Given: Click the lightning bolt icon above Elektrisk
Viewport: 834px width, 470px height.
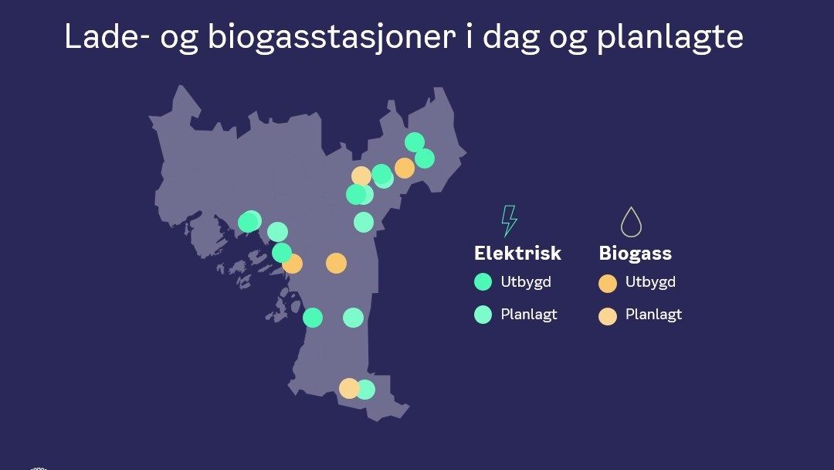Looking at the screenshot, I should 509,221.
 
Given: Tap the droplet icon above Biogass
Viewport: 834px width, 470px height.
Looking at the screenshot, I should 632,222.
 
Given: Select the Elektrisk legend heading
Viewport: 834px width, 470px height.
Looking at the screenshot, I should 517,254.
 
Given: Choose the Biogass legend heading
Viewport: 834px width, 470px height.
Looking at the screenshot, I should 636,254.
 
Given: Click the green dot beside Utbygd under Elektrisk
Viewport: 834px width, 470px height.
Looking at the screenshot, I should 483,282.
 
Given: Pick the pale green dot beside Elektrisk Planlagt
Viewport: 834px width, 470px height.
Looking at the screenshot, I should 483,315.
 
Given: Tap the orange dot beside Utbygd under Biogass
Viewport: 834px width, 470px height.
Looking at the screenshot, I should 608,284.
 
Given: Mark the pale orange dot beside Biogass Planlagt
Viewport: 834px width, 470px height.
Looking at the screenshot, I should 608,315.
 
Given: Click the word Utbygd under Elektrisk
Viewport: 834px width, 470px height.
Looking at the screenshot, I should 526,282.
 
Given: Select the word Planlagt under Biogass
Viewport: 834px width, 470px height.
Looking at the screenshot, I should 653,315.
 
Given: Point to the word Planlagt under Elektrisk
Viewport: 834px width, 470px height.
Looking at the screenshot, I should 529,315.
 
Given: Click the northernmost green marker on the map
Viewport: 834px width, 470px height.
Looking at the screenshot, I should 415,141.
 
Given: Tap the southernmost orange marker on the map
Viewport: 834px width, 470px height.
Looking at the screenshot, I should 349,388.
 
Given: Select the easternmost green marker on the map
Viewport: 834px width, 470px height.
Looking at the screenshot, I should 425,158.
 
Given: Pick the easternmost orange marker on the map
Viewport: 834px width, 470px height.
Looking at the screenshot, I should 405,168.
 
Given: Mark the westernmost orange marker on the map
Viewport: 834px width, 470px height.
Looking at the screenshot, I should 293,264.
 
